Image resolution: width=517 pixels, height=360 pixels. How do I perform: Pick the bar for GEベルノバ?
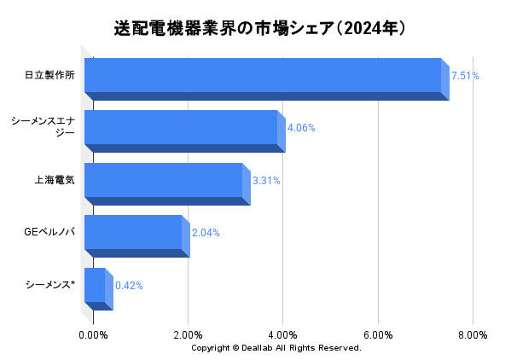click(x=133, y=232)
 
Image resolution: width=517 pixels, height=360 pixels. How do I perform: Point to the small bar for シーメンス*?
click(x=95, y=285)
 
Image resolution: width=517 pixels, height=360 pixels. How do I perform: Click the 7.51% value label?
click(x=465, y=76)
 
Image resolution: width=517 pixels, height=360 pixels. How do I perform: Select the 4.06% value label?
click(x=301, y=128)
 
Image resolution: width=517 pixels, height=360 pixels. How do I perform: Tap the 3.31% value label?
click(x=266, y=181)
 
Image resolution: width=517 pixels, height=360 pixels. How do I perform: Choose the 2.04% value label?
click(x=206, y=233)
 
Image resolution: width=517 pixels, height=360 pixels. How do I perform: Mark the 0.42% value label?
click(x=129, y=286)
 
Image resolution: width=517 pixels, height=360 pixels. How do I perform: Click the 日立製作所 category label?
click(x=49, y=75)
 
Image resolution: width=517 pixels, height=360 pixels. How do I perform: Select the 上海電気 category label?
click(x=55, y=180)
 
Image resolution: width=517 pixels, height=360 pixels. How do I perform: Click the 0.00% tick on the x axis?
click(x=93, y=334)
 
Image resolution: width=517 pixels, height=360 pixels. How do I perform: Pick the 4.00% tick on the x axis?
click(x=282, y=334)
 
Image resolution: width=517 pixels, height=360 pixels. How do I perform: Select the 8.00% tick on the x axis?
click(x=472, y=334)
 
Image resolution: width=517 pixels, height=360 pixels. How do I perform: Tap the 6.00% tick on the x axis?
click(x=377, y=334)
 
